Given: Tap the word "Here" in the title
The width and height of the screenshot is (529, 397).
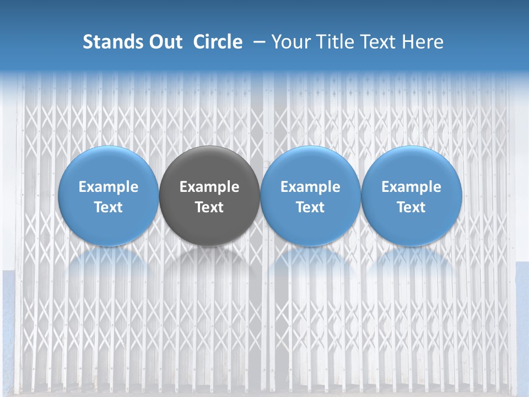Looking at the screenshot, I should click(x=423, y=42).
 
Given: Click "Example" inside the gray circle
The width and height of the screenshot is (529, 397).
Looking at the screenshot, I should click(x=209, y=187).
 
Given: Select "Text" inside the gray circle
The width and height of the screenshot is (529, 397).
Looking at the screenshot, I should click(x=209, y=207).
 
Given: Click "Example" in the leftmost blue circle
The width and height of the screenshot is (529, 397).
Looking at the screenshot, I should click(x=109, y=187).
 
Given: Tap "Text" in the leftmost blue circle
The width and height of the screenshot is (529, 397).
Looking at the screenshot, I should click(x=109, y=207).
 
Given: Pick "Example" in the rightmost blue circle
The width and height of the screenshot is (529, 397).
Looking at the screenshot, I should click(x=411, y=187).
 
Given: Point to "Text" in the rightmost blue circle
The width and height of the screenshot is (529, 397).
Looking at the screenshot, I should click(x=411, y=207).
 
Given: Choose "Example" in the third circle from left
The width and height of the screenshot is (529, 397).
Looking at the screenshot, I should click(x=310, y=187).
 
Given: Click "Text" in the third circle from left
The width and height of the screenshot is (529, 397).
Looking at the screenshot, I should click(x=310, y=207).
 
